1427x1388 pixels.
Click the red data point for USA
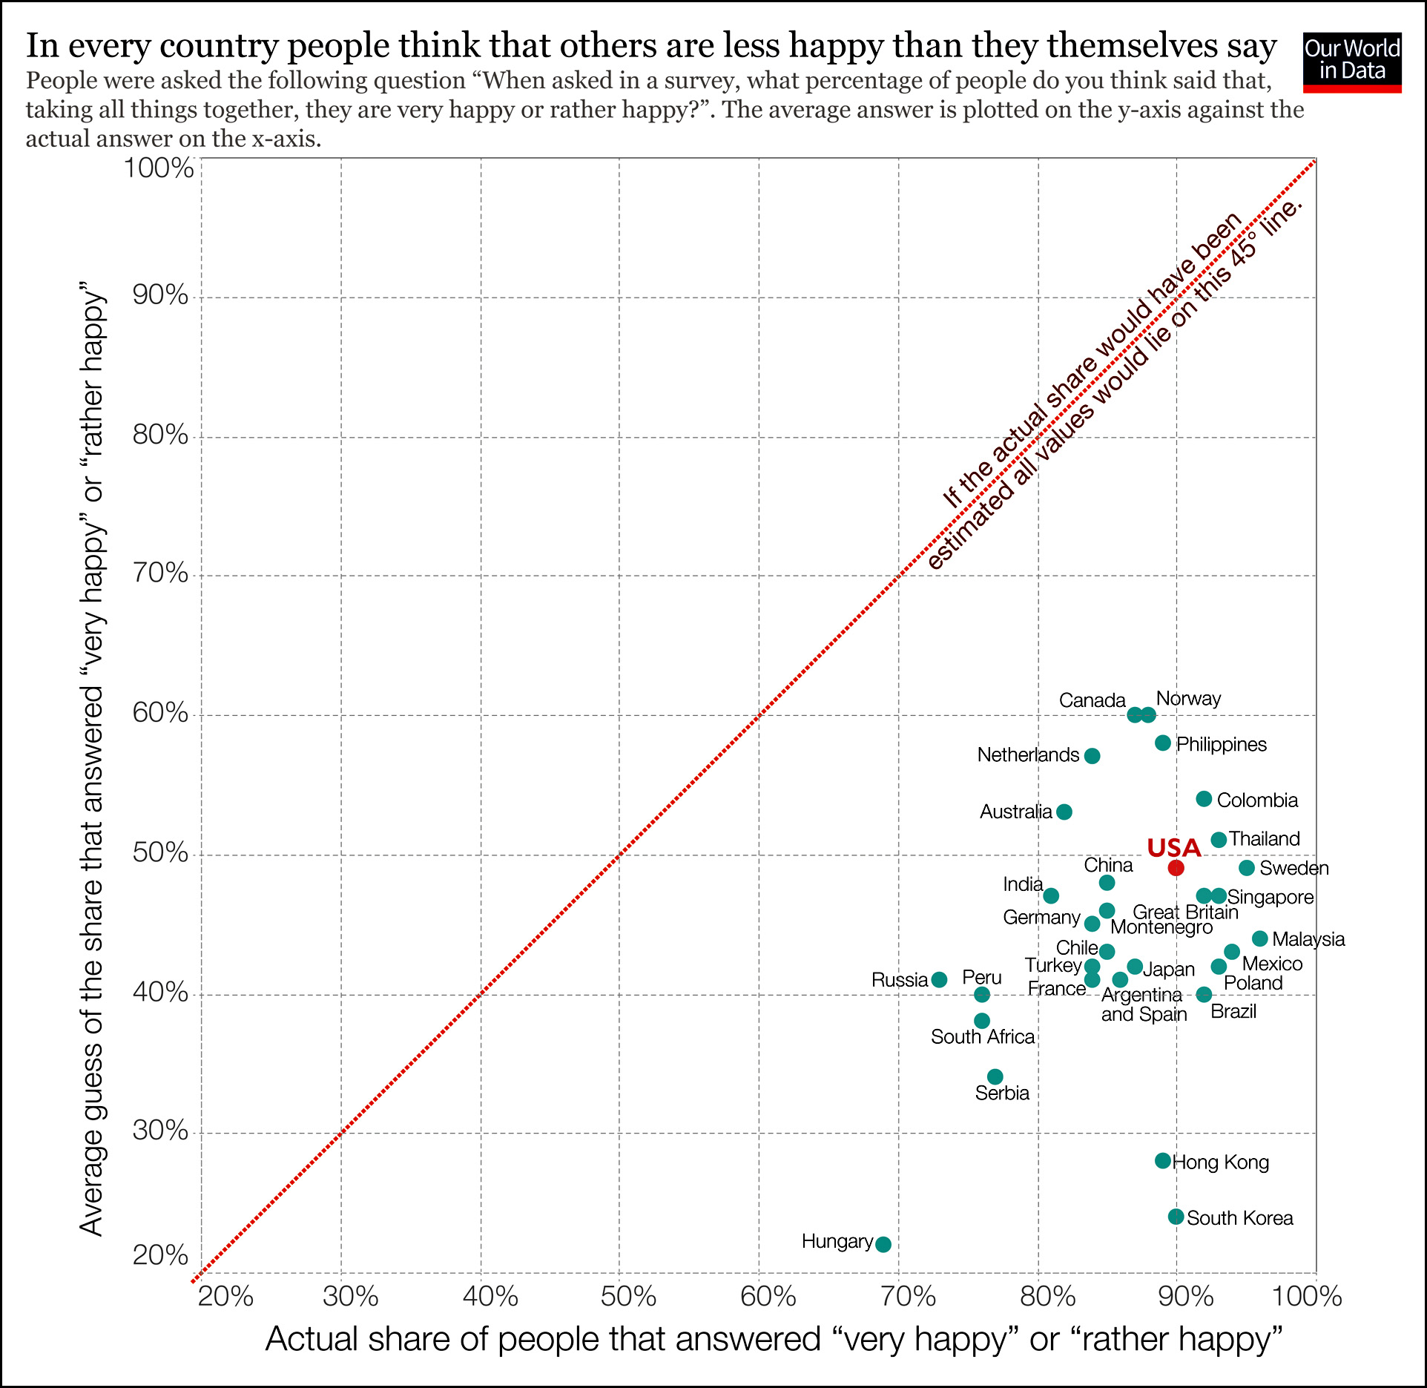coord(1176,868)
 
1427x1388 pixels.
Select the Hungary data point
coord(883,1244)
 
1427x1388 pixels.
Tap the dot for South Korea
coord(1176,1217)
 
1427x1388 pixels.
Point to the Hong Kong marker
coord(1162,1160)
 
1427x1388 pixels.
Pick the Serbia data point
coord(995,1076)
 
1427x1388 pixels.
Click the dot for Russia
coord(939,979)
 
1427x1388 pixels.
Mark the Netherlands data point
coord(1092,756)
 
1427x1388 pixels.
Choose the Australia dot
coord(1064,812)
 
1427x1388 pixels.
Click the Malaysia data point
coord(1259,938)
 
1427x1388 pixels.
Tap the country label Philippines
coord(1222,744)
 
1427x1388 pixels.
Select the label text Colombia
coord(1257,800)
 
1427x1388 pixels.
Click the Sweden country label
coord(1293,868)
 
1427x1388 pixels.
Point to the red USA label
coord(1173,848)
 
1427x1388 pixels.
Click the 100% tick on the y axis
coord(159,168)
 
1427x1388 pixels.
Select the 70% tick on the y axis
coord(160,573)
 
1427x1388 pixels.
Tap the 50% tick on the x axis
coord(628,1296)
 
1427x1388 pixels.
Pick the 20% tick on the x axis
coord(225,1296)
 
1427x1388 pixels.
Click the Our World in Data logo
coord(1351,62)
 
